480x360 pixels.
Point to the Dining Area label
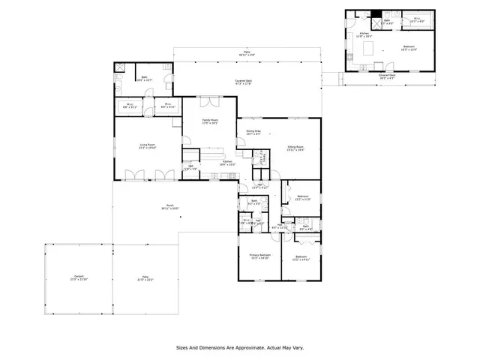pos(253,132)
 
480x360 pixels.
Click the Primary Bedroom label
pos(259,256)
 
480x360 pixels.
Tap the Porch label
pos(170,206)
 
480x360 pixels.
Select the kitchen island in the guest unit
pos(368,48)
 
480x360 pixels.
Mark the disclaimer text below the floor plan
pos(239,347)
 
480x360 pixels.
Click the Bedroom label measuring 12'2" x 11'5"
pos(302,196)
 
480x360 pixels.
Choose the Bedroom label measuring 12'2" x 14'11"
pos(301,256)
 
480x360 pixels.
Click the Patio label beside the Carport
pos(143,277)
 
